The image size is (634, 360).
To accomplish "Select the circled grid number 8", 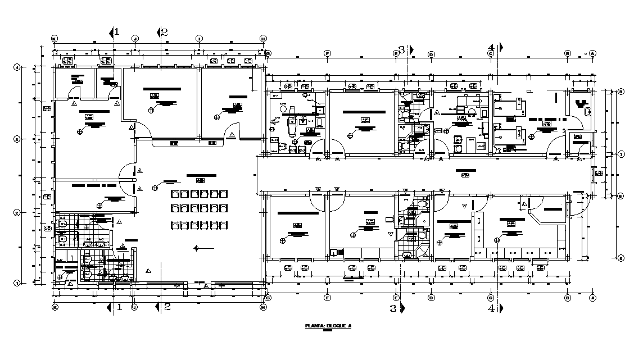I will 621,92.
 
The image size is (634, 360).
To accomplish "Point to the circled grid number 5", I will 621,258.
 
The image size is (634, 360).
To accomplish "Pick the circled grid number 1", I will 17,284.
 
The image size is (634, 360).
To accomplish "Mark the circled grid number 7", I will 621,154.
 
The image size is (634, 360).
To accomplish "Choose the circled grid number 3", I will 17,139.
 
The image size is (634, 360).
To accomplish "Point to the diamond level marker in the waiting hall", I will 196,248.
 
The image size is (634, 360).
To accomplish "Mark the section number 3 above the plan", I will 401,49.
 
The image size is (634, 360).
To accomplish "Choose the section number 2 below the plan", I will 167,307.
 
